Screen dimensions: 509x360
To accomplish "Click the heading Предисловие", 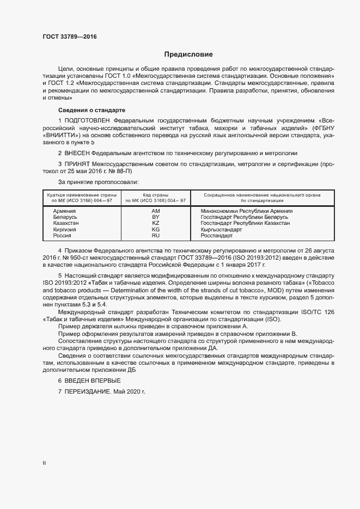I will pos(188,54).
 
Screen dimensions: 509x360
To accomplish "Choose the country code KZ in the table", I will pos(155,223).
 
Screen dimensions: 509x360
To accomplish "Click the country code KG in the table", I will pos(155,230).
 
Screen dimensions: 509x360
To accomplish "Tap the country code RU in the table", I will pos(155,236).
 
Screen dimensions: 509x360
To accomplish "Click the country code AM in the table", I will pos(155,211).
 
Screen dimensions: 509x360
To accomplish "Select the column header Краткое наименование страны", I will pos(80,194).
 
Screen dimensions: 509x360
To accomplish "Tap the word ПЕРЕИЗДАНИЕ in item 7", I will pos(88,392).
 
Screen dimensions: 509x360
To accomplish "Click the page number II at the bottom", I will pos(44,463).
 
